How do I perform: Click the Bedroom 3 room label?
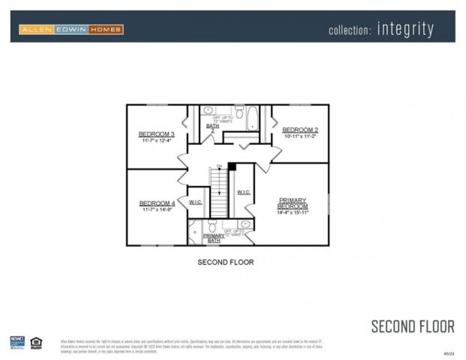point(156,134)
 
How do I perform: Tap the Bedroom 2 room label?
point(300,130)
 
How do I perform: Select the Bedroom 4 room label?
point(157,203)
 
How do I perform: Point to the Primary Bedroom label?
point(292,203)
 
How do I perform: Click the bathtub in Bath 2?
point(252,117)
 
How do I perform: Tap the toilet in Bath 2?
point(239,112)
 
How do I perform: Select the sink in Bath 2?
point(208,110)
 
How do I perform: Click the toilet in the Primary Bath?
point(212,226)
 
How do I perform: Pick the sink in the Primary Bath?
point(245,224)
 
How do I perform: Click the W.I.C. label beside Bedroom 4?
point(195,202)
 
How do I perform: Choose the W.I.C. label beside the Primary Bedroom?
point(243,193)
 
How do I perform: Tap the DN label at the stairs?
point(219,166)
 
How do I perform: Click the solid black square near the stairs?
point(232,167)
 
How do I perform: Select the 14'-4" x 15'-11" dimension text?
point(292,212)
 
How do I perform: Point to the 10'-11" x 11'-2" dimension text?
point(300,136)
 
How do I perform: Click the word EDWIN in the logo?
point(71,30)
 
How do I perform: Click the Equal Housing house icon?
point(36,343)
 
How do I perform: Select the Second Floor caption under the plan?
point(226,262)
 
